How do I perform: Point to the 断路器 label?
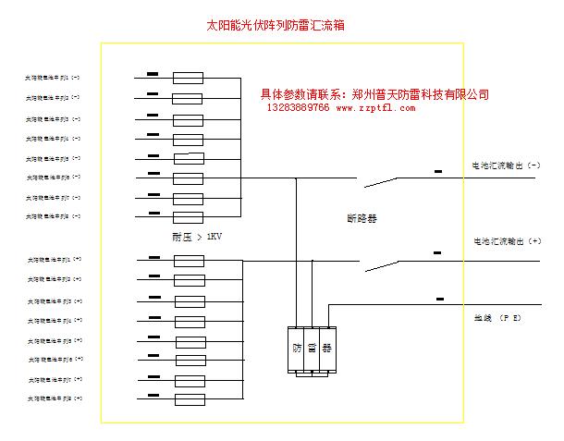(362, 219)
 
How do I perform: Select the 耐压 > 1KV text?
(197, 237)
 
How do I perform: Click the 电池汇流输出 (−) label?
(506, 165)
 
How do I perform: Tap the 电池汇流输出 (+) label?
(506, 241)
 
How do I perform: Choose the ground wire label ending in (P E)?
(497, 317)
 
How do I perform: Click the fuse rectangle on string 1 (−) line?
(189, 79)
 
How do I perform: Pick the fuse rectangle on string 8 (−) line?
(189, 217)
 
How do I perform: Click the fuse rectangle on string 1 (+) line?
(189, 261)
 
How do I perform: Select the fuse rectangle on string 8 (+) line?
(189, 399)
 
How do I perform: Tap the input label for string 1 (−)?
(54, 78)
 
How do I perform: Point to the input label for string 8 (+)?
(55, 398)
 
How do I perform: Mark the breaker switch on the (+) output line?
(383, 264)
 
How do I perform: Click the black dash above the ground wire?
(439, 299)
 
